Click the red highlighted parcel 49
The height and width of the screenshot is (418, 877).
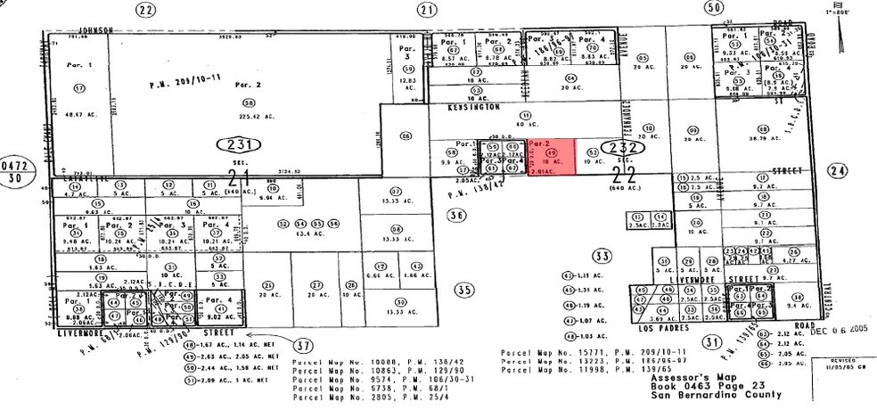551,159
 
